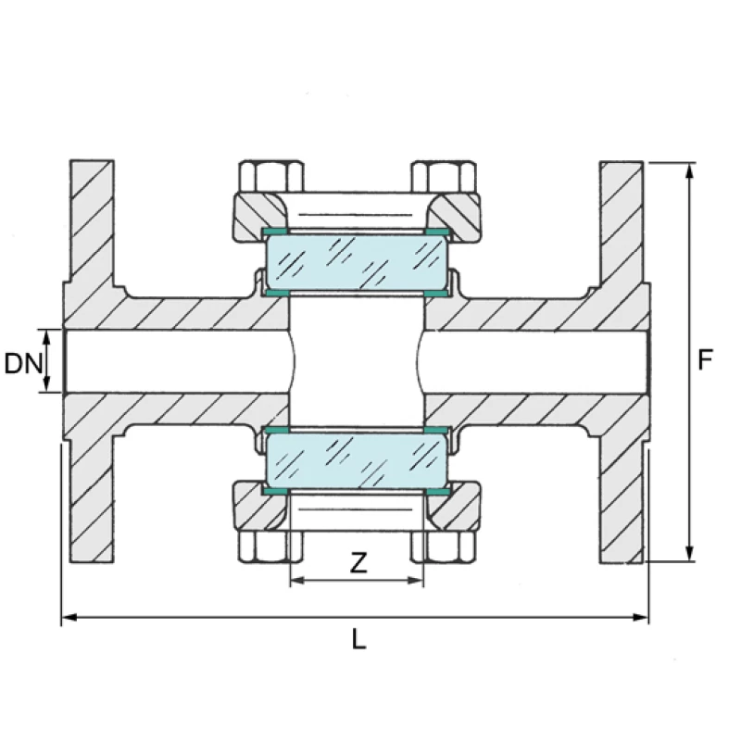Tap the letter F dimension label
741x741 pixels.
(707, 359)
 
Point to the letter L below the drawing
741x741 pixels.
(358, 638)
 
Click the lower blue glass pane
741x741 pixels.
(357, 460)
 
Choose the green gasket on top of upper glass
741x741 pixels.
(357, 230)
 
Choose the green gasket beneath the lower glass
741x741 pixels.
(357, 491)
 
